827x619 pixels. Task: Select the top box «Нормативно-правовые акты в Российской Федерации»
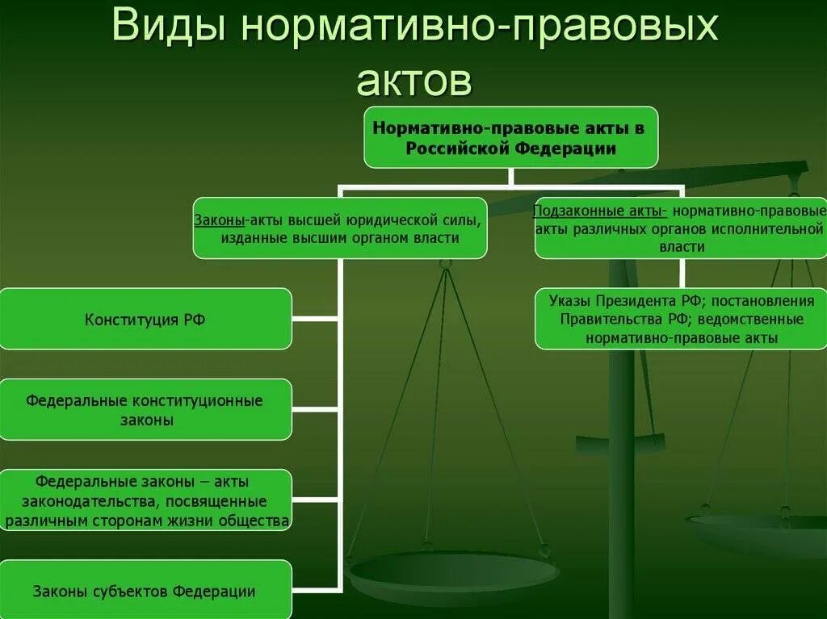tap(510, 137)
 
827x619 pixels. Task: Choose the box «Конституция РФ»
tap(145, 319)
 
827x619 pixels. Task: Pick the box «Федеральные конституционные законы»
tap(145, 409)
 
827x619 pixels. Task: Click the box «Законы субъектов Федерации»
tap(145, 591)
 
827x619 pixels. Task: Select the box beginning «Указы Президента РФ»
tap(681, 320)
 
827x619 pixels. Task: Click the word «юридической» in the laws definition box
tap(385, 219)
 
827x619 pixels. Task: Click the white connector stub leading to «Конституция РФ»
tap(316, 319)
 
